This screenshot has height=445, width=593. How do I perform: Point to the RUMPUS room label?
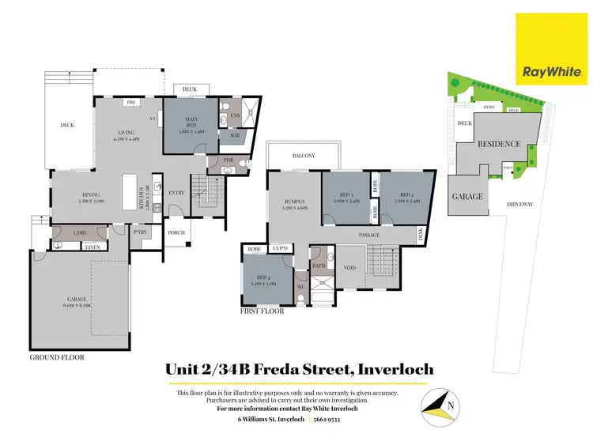coord(294,202)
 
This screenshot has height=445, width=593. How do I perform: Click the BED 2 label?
coord(406,195)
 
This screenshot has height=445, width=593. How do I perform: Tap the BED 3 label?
coord(346,195)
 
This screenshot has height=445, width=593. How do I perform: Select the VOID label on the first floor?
coord(351,268)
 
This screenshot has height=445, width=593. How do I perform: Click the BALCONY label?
coord(304,156)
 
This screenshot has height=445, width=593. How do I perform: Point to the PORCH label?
coord(176,232)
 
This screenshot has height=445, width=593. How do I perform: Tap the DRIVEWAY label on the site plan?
coord(521,204)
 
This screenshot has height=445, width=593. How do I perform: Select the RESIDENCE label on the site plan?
coord(498,144)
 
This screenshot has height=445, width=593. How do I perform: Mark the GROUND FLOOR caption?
coord(57,357)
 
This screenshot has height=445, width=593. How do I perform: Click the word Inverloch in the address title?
coord(395,369)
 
